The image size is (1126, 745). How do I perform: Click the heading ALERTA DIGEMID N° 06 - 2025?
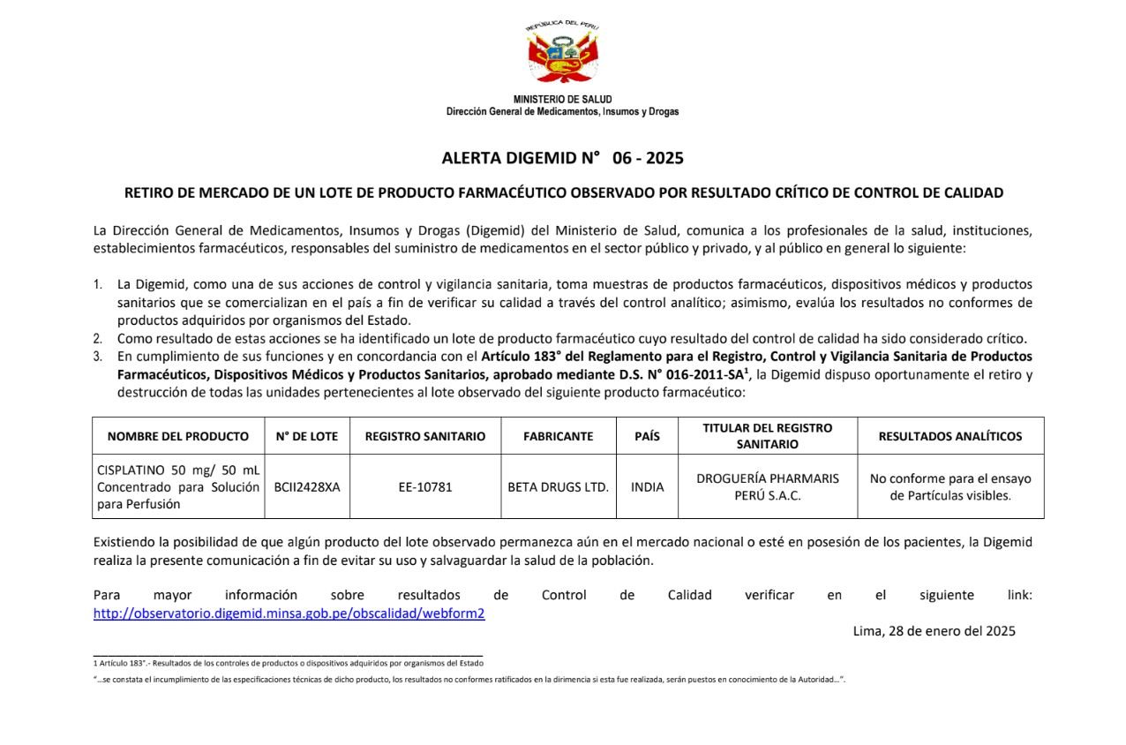(x=562, y=159)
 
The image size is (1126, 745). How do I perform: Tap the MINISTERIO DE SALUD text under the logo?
(x=562, y=99)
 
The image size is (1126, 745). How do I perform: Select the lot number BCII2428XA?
(x=306, y=486)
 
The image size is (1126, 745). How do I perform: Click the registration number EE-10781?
(x=424, y=486)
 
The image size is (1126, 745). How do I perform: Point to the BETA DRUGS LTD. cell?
(x=558, y=486)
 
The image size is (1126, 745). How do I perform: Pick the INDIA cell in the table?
(x=647, y=486)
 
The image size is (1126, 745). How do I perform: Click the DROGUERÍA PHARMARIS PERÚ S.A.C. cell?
(x=767, y=486)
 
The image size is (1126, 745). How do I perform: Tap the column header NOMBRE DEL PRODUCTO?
(x=178, y=436)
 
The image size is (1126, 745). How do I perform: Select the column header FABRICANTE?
(x=558, y=436)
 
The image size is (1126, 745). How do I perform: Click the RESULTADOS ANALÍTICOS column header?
(x=950, y=436)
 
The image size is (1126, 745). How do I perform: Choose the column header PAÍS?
(x=647, y=436)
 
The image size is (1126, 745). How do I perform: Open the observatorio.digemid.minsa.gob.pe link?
(x=289, y=613)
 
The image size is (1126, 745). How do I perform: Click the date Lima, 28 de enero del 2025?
(x=934, y=631)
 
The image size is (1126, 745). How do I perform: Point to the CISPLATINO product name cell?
(x=178, y=486)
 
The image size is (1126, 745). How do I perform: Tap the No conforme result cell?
(x=950, y=486)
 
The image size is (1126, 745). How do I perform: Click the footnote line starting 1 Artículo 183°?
(x=288, y=663)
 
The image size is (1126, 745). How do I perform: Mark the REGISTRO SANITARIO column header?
(x=424, y=436)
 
